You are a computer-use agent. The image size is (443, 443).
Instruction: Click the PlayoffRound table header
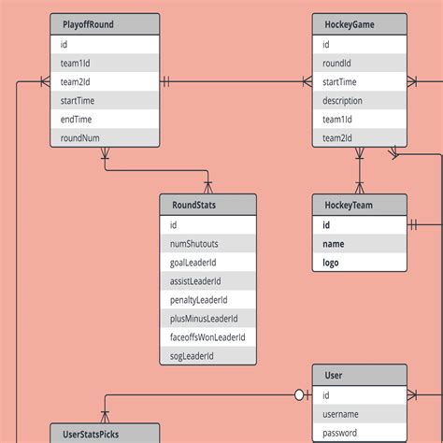click(x=104, y=25)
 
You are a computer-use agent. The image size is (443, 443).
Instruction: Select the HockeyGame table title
click(x=360, y=25)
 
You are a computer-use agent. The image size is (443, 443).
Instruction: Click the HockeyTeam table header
click(x=360, y=206)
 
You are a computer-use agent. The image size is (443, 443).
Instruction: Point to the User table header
click(x=360, y=376)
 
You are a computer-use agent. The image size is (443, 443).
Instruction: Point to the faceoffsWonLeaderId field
click(x=207, y=337)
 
